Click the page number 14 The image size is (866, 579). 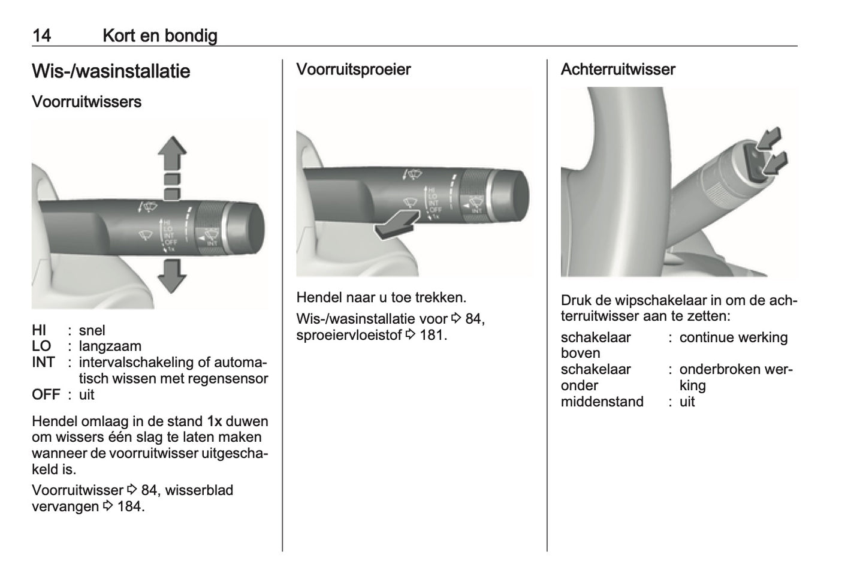pos(41,35)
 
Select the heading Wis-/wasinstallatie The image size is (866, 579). pos(111,71)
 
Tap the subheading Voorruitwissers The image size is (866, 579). pos(86,102)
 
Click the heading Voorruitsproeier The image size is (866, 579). pos(354,70)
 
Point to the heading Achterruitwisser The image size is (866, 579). pos(617,70)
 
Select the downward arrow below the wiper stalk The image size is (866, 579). pos(172,276)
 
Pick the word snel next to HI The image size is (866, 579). pos(92,330)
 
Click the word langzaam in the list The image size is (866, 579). pos(110,346)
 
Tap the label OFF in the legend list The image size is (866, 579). pos(46,394)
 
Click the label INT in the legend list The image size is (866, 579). pos(43,363)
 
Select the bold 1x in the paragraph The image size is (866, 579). pos(215,421)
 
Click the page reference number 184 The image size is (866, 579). pos(129,506)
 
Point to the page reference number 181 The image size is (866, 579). pos(432,335)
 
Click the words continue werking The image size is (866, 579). pos(733,337)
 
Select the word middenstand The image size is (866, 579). pos(602,402)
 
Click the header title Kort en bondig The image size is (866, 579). pos(159,35)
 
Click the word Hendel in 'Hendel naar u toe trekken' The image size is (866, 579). pos(319,297)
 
